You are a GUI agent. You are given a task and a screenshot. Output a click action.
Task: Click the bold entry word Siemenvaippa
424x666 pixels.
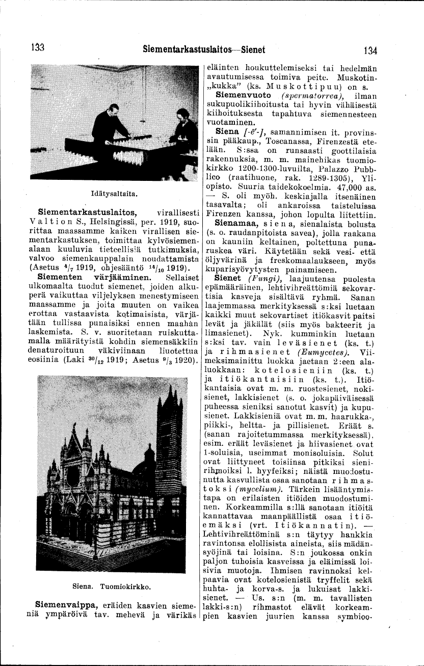[66, 604]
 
